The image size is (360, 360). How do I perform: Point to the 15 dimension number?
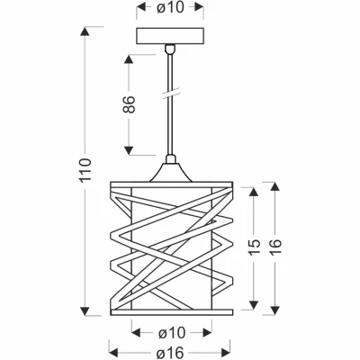[256, 249]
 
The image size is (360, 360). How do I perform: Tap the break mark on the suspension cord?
[168, 94]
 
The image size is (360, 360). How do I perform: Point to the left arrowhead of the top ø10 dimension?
[138, 7]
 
